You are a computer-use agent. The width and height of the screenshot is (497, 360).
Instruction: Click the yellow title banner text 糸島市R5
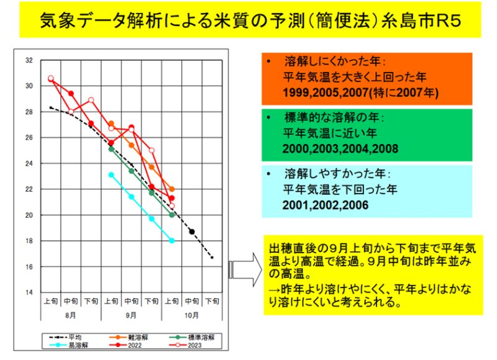tap(421, 20)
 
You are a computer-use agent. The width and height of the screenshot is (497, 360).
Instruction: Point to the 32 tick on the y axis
tap(29, 60)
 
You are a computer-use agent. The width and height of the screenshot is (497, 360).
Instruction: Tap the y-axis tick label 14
tap(29, 292)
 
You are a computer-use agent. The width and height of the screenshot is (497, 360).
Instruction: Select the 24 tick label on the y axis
tap(29, 163)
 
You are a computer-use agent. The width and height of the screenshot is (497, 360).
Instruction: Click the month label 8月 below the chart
tap(70, 315)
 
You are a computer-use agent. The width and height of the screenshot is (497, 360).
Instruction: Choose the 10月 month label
tap(191, 315)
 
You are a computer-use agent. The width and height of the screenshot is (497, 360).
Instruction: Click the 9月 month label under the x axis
tap(131, 315)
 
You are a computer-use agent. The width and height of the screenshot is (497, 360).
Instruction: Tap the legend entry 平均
tap(66, 337)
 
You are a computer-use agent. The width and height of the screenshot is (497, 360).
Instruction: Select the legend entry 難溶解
tap(129, 337)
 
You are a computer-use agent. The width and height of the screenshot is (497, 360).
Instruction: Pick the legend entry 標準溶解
tap(192, 337)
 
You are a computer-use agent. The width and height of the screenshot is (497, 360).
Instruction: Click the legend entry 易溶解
tap(69, 345)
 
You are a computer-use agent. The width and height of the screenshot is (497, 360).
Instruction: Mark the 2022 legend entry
tap(125, 345)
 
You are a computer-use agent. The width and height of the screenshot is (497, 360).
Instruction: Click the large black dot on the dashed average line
tap(192, 232)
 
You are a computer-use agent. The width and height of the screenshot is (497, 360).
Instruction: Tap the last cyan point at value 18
tap(172, 241)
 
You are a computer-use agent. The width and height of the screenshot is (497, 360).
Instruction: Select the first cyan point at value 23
tap(111, 175)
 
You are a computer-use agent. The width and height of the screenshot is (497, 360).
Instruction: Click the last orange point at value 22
tap(172, 189)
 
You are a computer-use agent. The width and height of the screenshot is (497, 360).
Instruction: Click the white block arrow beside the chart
tap(245, 270)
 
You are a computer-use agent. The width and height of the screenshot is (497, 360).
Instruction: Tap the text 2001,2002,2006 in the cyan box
tap(326, 205)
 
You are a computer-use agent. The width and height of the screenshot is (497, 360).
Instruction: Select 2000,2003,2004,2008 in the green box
tap(340, 149)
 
